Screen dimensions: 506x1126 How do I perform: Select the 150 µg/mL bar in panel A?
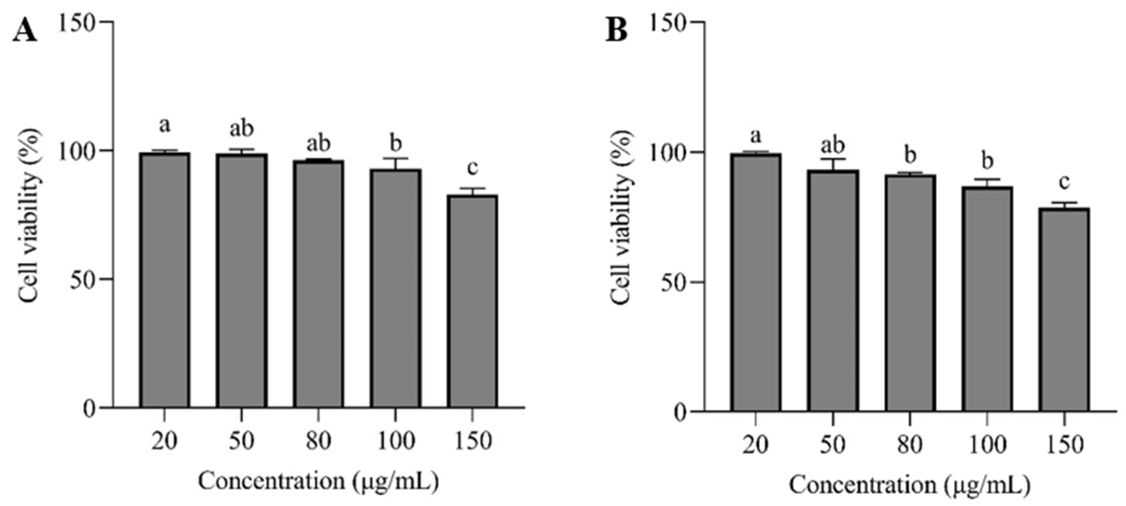(472, 301)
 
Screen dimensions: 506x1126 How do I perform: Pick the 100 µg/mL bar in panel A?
(396, 288)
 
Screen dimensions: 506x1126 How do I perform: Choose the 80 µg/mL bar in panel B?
(910, 293)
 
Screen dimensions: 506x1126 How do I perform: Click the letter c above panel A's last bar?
(472, 167)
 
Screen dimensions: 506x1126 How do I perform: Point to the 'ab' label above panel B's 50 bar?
(833, 145)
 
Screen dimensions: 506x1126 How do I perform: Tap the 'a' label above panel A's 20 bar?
(164, 126)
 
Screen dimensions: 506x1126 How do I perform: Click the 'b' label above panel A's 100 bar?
(396, 143)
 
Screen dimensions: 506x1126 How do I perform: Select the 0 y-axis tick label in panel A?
(89, 409)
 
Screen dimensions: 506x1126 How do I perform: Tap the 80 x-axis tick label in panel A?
(318, 442)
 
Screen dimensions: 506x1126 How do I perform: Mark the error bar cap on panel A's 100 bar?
(396, 159)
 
